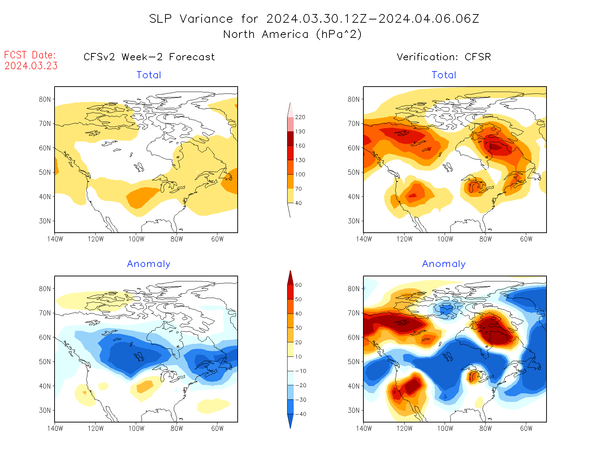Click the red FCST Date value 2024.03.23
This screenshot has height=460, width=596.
[x=31, y=66]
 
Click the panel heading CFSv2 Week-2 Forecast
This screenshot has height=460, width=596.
[x=149, y=57]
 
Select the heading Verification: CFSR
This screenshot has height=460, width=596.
[x=444, y=57]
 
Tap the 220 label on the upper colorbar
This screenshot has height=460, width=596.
[x=300, y=117]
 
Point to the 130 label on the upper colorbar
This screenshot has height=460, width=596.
[x=300, y=160]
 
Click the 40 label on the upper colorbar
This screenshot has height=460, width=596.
[x=298, y=203]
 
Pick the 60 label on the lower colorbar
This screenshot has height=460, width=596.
[x=298, y=285]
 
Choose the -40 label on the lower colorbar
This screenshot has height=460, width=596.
[x=301, y=414]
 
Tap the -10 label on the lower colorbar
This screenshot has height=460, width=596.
[x=301, y=371]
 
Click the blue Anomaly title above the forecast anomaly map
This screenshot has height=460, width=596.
[x=148, y=264]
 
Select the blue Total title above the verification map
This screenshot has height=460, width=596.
[x=444, y=75]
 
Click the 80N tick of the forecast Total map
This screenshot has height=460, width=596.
[x=45, y=100]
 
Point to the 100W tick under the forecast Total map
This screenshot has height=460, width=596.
[x=137, y=239]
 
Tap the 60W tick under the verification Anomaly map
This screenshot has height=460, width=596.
[x=526, y=429]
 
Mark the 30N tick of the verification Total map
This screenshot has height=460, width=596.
[x=354, y=221]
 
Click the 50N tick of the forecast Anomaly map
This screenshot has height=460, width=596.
[x=45, y=362]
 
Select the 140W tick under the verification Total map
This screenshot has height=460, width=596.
[x=364, y=239]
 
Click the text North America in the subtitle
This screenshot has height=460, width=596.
[x=266, y=34]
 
